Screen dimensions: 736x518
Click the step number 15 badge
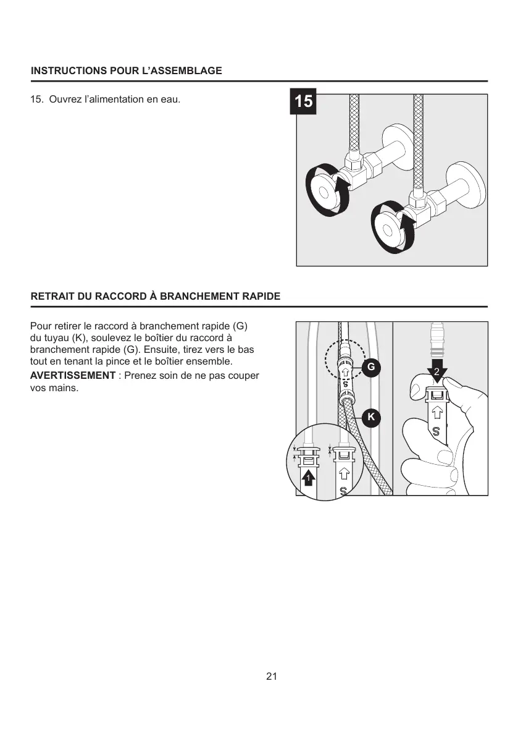pyautogui.click(x=303, y=101)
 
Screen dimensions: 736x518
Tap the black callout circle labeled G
pyautogui.click(x=370, y=367)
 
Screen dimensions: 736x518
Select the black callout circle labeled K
pyautogui.click(x=371, y=417)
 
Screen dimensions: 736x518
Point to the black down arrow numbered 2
pyautogui.click(x=437, y=372)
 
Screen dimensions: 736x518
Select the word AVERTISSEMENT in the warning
pyautogui.click(x=73, y=376)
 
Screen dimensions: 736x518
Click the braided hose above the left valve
pyautogui.click(x=355, y=124)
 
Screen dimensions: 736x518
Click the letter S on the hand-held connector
pyautogui.click(x=436, y=431)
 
